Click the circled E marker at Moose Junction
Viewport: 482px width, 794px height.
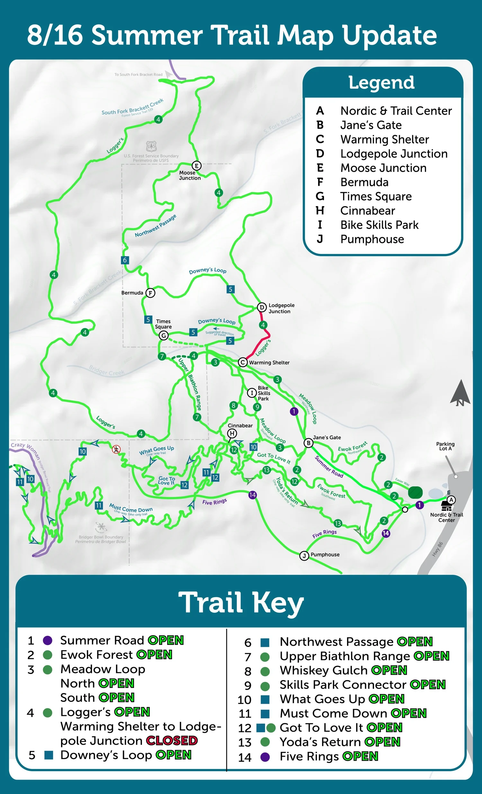[197, 165]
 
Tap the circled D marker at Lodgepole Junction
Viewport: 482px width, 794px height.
[262, 308]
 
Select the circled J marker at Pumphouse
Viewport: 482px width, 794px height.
[304, 556]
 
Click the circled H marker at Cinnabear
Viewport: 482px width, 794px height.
[232, 433]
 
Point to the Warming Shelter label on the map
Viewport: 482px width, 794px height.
[269, 362]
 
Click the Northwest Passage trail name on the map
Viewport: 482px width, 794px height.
[155, 226]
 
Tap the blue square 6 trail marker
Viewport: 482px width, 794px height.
[125, 260]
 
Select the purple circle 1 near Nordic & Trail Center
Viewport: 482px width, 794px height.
[419, 505]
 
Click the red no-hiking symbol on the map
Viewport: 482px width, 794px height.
[116, 449]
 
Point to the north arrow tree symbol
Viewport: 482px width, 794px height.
[460, 393]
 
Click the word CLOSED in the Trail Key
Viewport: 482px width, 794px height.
[172, 741]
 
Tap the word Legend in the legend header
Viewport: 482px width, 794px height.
[381, 83]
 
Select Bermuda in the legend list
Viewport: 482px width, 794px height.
[364, 183]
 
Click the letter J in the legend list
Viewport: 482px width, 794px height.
[320, 239]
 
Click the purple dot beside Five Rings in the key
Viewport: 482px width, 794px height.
[265, 757]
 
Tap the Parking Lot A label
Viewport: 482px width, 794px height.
[445, 446]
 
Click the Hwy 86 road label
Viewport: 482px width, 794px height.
[437, 549]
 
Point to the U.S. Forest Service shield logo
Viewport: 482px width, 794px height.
[151, 146]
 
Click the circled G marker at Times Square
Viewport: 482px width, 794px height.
[164, 335]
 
